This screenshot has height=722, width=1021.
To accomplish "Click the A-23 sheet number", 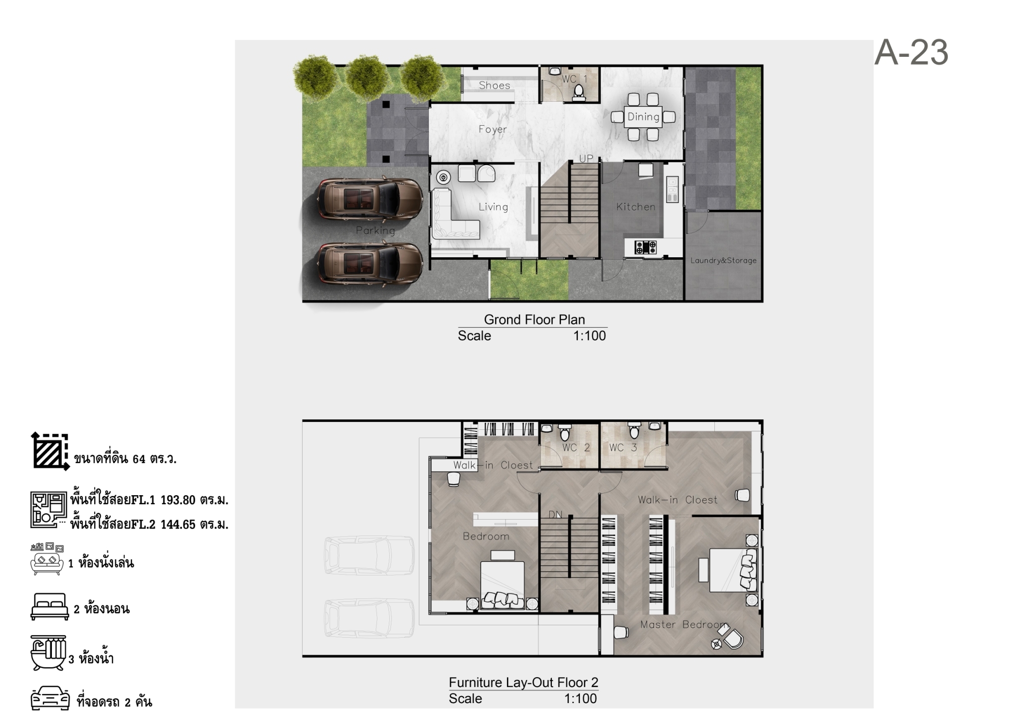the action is pos(911,52).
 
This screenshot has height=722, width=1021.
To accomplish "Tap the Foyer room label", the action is pos(493,129).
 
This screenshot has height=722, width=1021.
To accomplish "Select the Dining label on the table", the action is pos(643,117).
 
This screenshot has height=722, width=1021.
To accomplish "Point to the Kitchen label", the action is pos(636,206).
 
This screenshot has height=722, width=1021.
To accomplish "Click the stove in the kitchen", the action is pos(646,246).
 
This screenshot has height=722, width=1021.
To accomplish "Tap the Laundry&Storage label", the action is pos(723,260).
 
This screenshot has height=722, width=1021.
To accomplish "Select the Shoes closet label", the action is pos(495,85).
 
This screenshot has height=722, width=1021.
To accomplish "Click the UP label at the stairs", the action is pos(586,158).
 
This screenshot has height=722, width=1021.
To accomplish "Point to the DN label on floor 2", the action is pos(555,515).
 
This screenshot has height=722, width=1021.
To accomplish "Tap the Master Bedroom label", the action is pos(684,625).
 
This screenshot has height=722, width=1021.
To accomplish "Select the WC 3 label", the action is pos(623,448).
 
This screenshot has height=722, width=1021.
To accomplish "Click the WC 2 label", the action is pos(576,448).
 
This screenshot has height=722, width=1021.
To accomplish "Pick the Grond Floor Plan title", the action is pos(534,320).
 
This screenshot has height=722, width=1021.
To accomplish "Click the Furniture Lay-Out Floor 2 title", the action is pos(523,683).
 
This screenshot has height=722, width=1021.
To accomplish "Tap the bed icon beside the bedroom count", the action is pos(49,607).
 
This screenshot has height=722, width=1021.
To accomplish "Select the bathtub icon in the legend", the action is pos(48,653).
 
